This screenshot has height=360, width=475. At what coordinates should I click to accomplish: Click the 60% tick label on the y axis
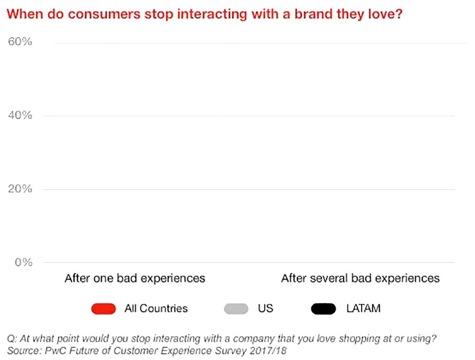click(20, 42)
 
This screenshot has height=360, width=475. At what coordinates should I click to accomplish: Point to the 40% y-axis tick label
click(20, 115)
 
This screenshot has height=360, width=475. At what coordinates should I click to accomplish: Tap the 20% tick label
click(20, 189)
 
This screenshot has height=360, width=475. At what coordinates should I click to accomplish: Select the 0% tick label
click(23, 262)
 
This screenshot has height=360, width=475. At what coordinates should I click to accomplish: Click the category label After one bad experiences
click(135, 278)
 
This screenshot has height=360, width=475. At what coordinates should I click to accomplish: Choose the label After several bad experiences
click(360, 278)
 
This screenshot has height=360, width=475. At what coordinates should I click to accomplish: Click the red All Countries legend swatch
click(104, 308)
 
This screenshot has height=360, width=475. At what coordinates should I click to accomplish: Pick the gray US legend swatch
click(236, 308)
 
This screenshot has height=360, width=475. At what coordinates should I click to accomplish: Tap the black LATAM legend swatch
click(324, 308)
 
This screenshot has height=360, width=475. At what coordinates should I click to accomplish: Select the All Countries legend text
click(156, 308)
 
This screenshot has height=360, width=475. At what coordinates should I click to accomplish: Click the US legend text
click(265, 308)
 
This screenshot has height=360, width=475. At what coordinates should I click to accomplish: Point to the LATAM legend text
click(363, 308)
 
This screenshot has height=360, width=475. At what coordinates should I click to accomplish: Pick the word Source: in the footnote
click(23, 350)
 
